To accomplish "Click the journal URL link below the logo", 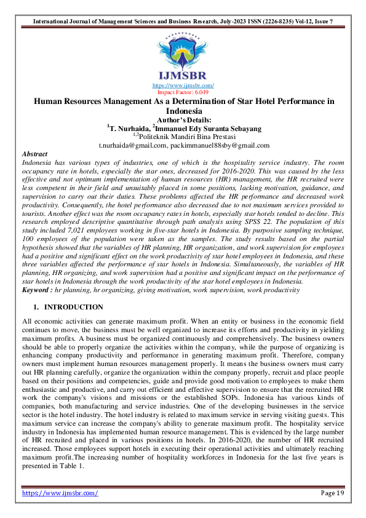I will (x=183, y=85).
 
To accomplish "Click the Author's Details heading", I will (x=183, y=120).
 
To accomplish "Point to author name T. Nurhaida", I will (x=128, y=129).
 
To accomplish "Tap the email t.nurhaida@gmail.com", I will (x=132, y=146).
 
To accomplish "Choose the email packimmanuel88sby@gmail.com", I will (x=219, y=146).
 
